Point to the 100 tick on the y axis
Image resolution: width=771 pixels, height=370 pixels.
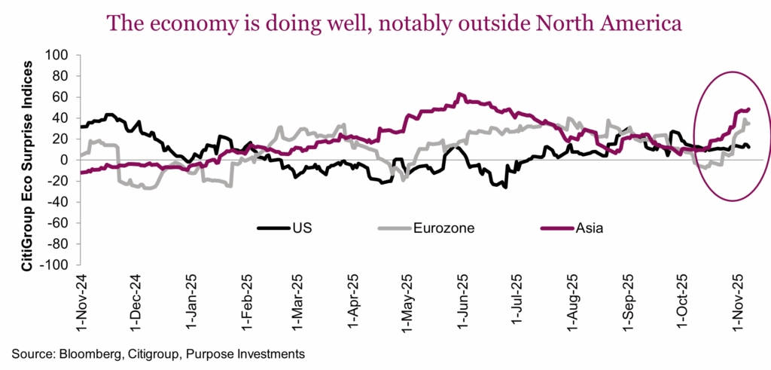coord(58,55)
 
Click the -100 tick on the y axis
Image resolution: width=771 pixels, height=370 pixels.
coord(56,265)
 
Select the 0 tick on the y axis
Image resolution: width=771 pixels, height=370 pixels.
coord(65,161)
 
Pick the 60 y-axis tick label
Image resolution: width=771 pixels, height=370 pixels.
coord(61,97)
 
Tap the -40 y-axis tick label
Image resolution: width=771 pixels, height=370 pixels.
coord(59,202)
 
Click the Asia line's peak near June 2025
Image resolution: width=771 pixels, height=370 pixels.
coord(458,95)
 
